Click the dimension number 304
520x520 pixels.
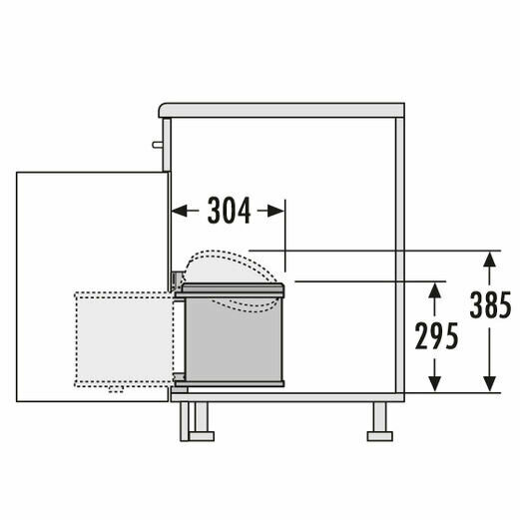[x=229, y=211]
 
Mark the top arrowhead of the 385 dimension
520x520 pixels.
[x=488, y=257]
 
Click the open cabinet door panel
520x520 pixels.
[x=90, y=230]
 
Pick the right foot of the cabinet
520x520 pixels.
[x=379, y=420]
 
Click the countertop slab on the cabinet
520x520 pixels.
[x=284, y=111]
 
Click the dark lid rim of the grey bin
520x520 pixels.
[x=233, y=289]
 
